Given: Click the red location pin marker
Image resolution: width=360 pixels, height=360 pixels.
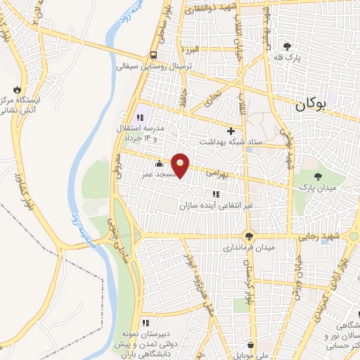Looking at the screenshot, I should click(181, 165).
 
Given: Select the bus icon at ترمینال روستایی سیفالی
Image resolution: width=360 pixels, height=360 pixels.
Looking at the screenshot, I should click(153, 56).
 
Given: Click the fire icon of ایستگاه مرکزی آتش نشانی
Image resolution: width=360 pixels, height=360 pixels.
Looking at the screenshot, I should click(15, 90).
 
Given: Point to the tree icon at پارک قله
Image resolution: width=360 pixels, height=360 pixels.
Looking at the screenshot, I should click(286, 46).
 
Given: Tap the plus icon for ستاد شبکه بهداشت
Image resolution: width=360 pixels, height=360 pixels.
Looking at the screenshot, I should click(231, 130).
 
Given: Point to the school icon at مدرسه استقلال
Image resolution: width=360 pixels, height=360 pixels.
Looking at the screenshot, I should click(139, 117).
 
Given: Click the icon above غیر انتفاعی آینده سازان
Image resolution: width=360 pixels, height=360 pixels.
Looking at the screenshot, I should click(214, 194).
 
